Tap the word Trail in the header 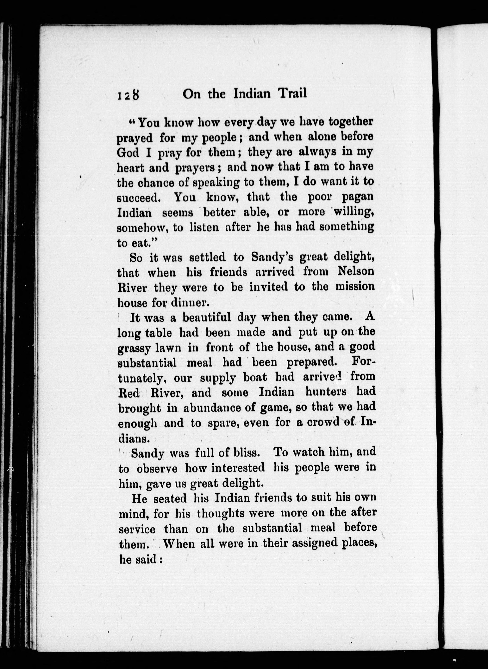click(292, 94)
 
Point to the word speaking click(216, 183)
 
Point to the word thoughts click(221, 513)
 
